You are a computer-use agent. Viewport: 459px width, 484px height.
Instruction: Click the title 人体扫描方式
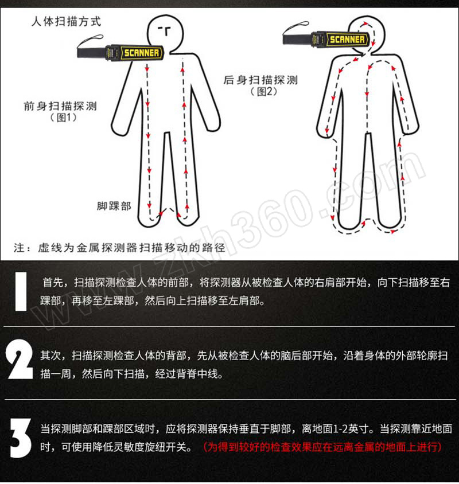coord(66,22)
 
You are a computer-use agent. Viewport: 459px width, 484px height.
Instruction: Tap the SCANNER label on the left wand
coord(142,53)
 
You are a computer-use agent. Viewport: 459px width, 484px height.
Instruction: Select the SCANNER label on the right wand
coord(347,40)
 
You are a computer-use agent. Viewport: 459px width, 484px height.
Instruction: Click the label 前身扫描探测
coord(61,106)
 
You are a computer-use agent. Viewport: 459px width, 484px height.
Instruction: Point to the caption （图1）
coord(63,118)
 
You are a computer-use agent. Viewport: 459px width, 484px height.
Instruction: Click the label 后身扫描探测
coord(260,80)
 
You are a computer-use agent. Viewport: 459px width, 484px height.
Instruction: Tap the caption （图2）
coord(263,91)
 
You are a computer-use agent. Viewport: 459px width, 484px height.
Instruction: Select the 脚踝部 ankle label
coord(114,206)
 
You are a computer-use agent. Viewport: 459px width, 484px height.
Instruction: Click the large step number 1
coord(21,291)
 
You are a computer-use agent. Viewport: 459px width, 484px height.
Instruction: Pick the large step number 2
coord(20,360)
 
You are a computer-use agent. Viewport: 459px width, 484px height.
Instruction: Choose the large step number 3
coord(21,438)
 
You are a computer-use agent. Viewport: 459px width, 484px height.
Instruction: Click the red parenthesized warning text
coord(323,447)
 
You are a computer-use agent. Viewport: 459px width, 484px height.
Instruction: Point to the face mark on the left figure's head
coord(165,30)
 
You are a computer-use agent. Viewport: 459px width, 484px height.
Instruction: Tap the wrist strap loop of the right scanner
coord(296,28)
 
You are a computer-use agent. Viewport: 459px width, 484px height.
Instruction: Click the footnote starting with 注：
coord(119,248)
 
